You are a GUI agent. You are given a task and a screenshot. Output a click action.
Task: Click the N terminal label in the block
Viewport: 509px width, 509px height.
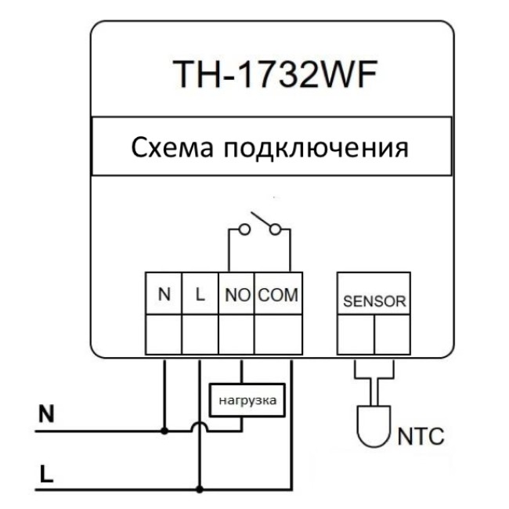(x=164, y=296)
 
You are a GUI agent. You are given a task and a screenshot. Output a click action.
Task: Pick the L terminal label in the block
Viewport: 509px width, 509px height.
(x=200, y=296)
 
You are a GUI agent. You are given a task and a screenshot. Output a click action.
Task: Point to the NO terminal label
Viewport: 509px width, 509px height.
(x=236, y=297)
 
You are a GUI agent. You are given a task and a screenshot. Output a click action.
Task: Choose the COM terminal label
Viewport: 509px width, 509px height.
(x=278, y=297)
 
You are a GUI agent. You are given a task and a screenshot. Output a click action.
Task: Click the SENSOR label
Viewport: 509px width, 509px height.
(x=374, y=301)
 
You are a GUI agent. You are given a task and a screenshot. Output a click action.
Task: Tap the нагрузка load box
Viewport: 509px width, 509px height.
(x=245, y=400)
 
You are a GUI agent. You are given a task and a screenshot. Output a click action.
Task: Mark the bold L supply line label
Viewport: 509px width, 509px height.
(x=46, y=475)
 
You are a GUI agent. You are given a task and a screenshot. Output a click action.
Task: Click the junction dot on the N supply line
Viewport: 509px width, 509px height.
(x=164, y=430)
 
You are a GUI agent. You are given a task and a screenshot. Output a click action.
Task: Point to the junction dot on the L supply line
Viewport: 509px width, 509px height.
(x=200, y=489)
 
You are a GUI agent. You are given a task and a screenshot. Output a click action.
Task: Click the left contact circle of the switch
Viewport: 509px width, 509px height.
(x=244, y=229)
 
